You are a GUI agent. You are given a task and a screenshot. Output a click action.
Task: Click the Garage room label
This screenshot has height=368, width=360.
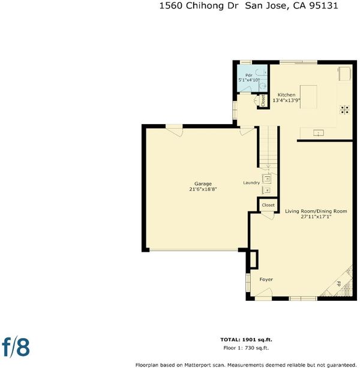click(x=203, y=184)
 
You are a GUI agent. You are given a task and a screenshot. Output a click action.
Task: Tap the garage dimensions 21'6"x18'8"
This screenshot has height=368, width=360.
click(x=203, y=189)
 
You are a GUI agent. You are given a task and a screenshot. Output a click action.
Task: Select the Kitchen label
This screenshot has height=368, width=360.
click(x=286, y=95)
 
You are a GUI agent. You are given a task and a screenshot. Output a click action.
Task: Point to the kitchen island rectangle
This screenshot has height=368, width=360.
click(x=308, y=97)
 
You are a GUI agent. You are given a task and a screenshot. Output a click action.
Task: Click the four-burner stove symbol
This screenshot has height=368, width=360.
click(x=344, y=110)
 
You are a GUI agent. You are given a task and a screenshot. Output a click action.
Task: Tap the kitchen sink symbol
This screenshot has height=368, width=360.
click(x=319, y=133)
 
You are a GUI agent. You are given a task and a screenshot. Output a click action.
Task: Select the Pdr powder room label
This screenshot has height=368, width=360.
click(x=249, y=76)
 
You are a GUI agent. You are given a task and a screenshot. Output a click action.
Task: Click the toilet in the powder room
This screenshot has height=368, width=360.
click(x=263, y=86)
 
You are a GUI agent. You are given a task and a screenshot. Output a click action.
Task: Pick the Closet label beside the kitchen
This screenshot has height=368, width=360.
click(x=263, y=101)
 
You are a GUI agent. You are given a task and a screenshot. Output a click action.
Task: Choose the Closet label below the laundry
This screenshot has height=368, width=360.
click(x=268, y=205)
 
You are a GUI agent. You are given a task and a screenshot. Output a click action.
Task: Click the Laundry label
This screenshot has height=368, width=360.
click(x=251, y=183)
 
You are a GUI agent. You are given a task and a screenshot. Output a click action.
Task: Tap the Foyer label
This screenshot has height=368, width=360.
click(x=266, y=279)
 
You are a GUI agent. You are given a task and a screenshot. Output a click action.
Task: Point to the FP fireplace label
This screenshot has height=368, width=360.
click(x=338, y=284)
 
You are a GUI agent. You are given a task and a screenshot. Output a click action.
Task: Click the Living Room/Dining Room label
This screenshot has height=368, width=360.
click(x=316, y=211)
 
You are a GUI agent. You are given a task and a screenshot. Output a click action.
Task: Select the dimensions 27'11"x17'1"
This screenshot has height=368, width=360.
click(x=316, y=216)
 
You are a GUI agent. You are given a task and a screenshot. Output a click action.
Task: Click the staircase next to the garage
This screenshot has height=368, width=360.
click(x=269, y=147)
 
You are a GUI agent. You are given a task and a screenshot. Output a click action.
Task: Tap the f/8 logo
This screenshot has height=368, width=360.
click(x=16, y=348)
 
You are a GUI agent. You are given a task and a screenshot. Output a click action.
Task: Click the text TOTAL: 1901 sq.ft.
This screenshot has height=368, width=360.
click(x=246, y=340)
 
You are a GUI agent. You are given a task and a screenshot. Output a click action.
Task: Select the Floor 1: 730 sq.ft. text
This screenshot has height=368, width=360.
click(x=246, y=348)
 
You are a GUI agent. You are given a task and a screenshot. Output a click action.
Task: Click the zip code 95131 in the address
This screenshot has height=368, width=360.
click(x=323, y=5)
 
